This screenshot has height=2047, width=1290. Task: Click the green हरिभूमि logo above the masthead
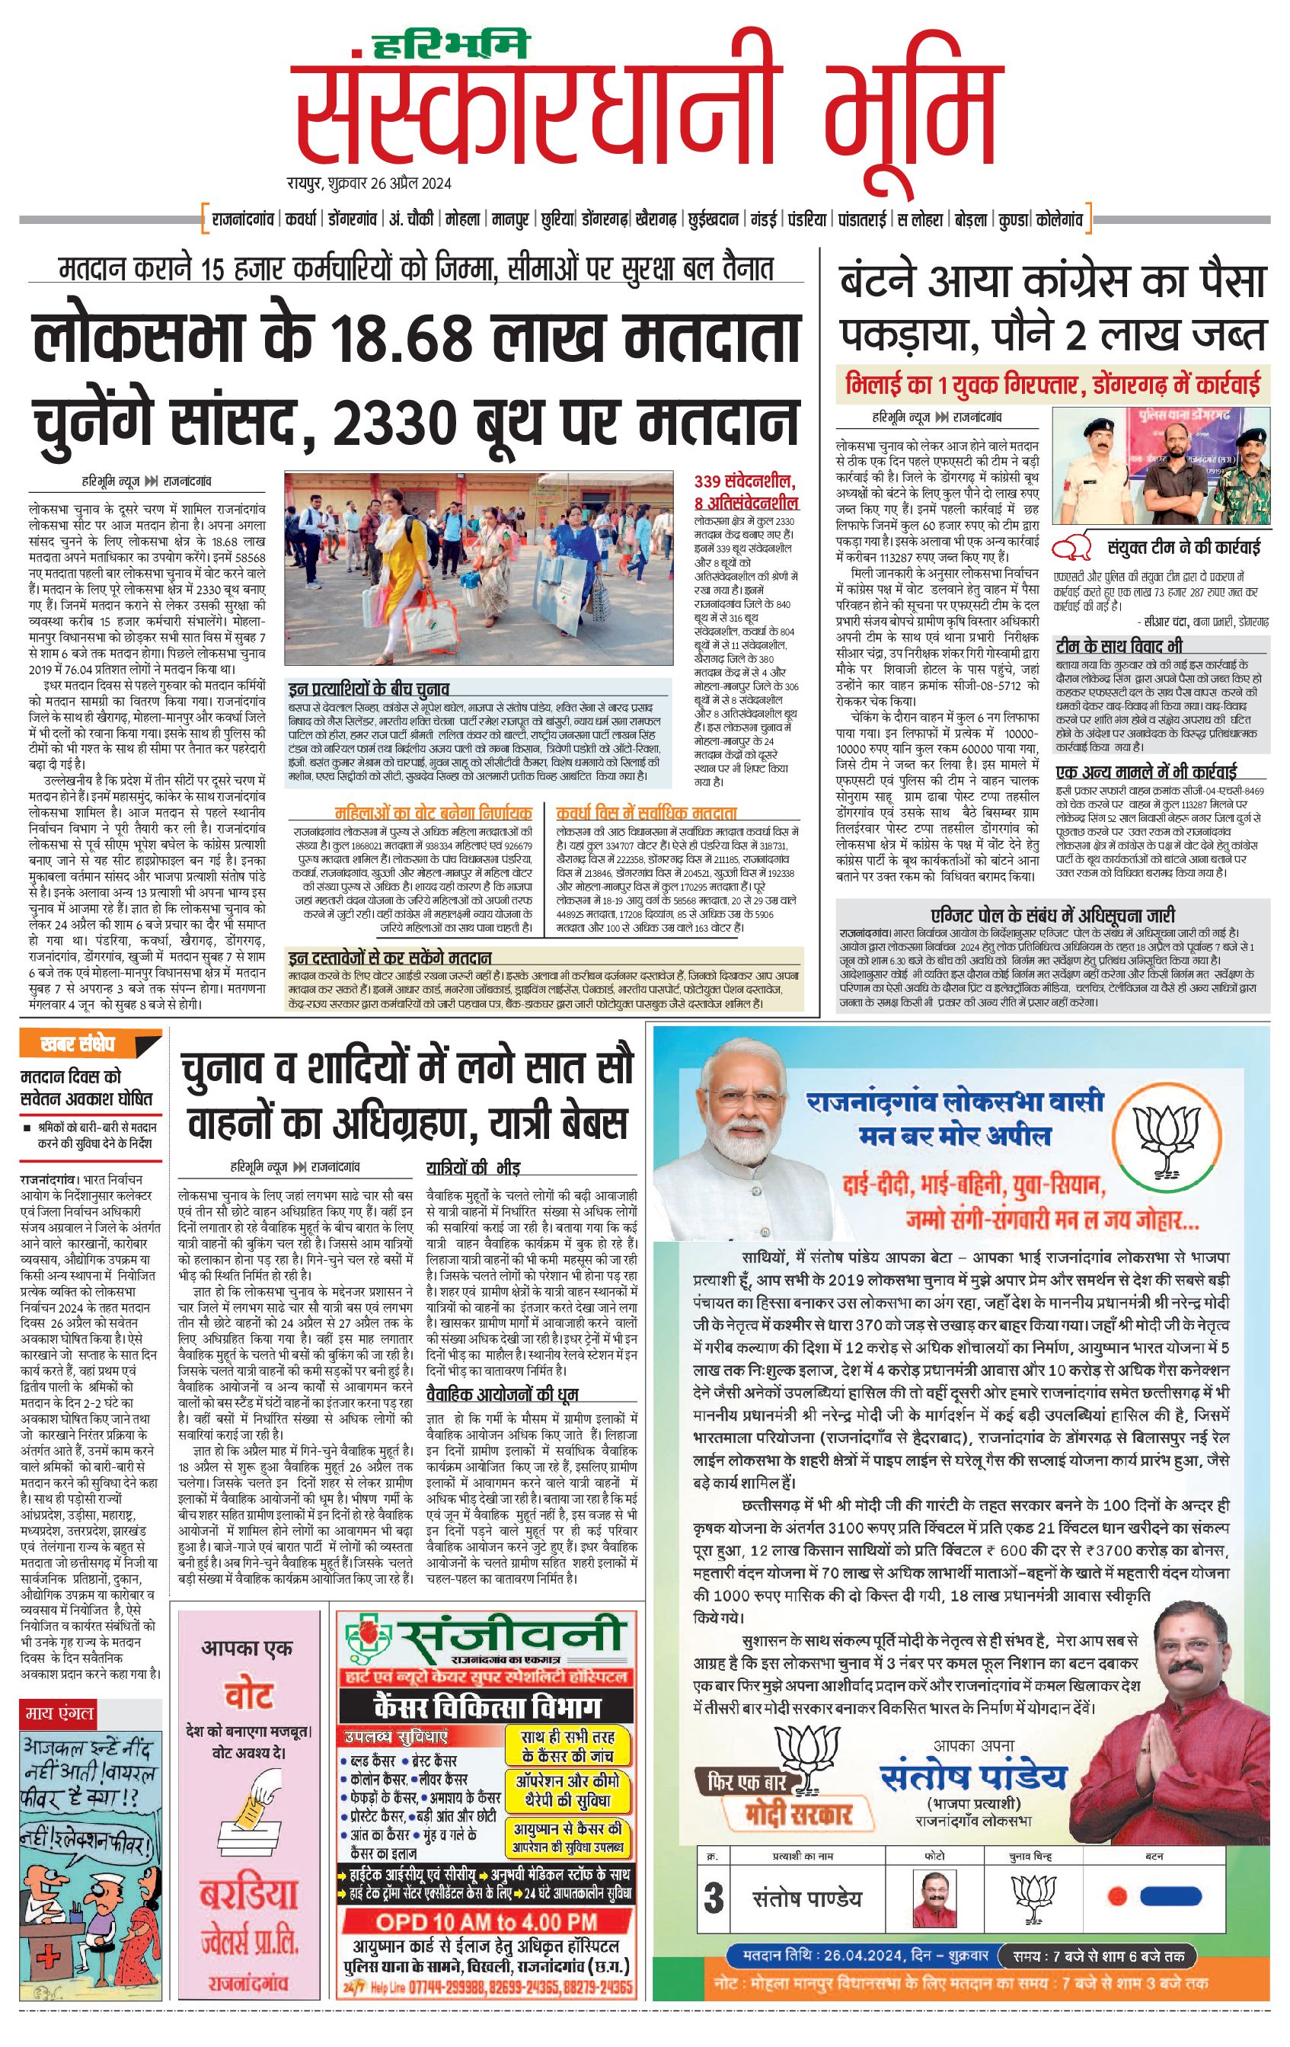(461, 45)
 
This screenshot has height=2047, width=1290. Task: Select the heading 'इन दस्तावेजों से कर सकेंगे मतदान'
(389, 957)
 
